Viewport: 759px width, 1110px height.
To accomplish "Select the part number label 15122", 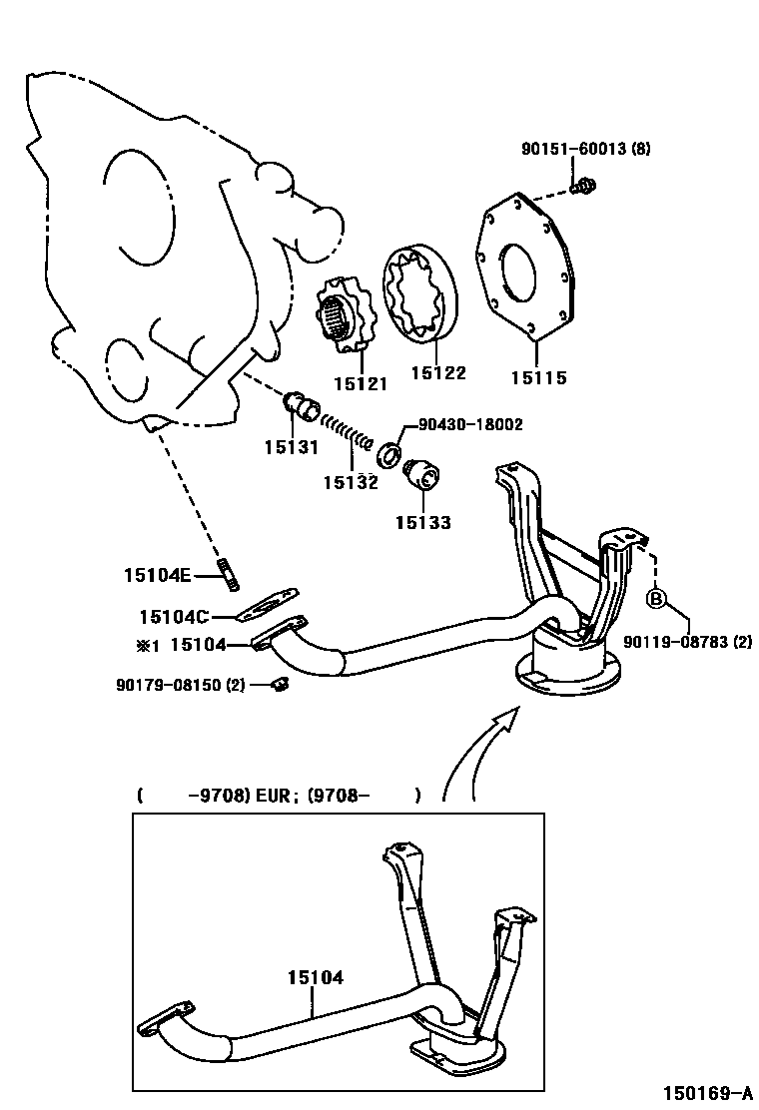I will [438, 373].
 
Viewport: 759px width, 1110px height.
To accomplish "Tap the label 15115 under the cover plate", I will [538, 378].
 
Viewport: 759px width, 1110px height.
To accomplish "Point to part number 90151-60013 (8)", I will [585, 149].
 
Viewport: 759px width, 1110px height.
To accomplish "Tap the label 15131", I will [291, 448].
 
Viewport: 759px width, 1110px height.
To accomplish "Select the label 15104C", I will [174, 617].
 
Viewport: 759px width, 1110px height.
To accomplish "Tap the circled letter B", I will [656, 599].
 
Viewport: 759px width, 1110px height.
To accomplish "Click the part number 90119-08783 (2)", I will [687, 643].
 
